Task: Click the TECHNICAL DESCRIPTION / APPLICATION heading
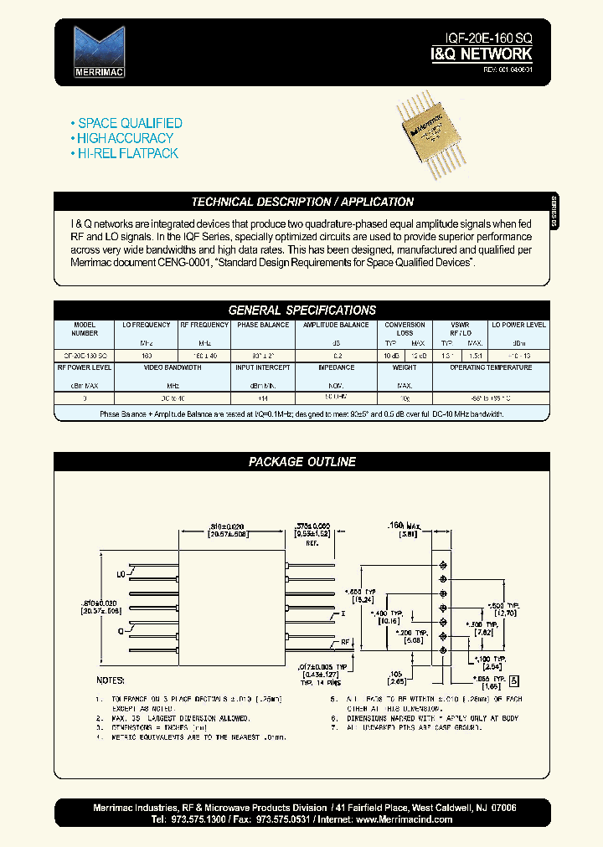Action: point(302,202)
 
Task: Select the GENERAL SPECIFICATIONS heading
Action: point(302,310)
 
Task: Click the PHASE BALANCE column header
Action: point(264,325)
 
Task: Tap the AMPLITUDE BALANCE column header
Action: point(335,325)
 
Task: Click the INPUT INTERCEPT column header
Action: point(263,367)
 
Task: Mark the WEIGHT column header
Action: point(405,367)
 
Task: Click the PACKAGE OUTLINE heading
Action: point(302,461)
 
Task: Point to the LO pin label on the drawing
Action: point(121,575)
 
